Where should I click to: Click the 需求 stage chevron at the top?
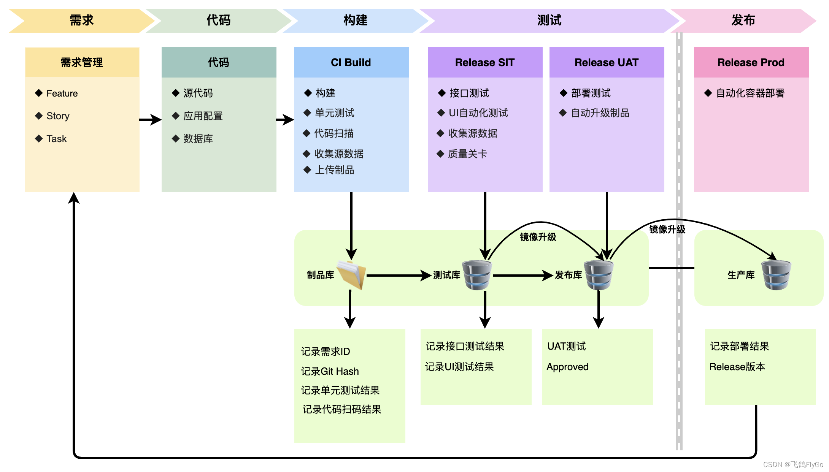click(82, 21)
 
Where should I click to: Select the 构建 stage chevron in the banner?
click(356, 21)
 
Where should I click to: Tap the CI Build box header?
click(351, 62)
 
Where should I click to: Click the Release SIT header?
click(485, 62)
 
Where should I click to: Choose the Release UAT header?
click(607, 62)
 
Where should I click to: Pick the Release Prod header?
click(751, 62)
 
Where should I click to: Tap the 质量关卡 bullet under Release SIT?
click(462, 154)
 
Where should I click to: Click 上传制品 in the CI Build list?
click(329, 170)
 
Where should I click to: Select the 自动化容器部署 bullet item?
click(745, 93)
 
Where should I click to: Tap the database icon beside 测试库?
click(477, 275)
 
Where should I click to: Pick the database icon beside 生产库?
click(776, 275)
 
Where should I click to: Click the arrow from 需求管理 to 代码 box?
click(151, 120)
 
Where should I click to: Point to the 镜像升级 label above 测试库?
click(538, 237)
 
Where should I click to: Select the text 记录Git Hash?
click(330, 371)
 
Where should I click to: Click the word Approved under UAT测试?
click(567, 367)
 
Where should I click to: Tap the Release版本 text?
click(737, 367)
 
